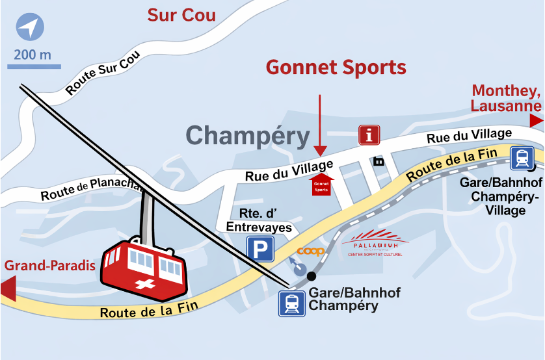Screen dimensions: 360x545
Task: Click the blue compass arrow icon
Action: [x=30, y=29]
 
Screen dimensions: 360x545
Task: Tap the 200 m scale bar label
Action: [x=32, y=54]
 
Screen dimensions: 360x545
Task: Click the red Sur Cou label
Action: [x=181, y=15]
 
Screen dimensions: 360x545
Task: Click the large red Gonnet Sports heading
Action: [x=336, y=68]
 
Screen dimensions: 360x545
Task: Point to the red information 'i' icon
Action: [x=369, y=135]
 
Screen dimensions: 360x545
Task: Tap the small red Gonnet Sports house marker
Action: [x=321, y=185]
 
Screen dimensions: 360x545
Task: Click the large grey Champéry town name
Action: [x=248, y=136]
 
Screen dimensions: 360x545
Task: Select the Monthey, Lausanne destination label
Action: [x=506, y=98]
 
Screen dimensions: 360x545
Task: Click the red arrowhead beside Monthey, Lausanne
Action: [x=536, y=120]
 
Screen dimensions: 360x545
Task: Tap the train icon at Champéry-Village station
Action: [x=522, y=158]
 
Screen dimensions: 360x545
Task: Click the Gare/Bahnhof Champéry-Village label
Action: [x=501, y=196]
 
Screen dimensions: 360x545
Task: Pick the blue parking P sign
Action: [x=260, y=249]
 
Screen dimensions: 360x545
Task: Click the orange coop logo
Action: [x=310, y=251]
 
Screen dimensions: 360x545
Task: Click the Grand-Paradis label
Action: [x=50, y=266]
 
